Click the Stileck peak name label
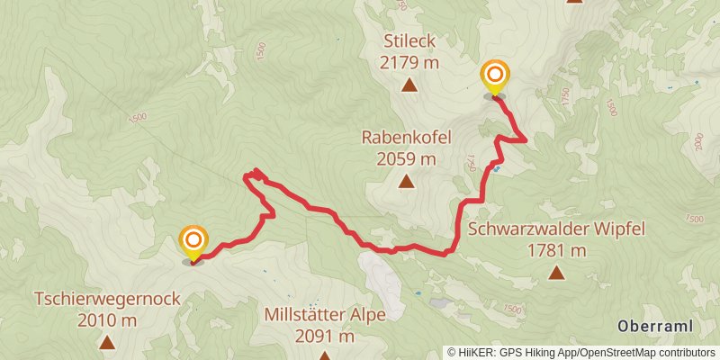pos(409,41)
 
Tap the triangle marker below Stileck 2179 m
pos(409,86)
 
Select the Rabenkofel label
pos(406,138)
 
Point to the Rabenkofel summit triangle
pos(406,183)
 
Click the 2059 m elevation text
pos(406,159)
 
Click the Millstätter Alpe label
pos(325,315)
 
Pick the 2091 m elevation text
pos(325,337)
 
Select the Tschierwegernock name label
pos(107,299)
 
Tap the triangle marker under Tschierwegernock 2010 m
pos(107,342)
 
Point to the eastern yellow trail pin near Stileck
pos(494,76)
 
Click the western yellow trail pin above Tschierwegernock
pos(193,242)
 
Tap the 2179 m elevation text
pos(409,63)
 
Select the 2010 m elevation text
pos(107,319)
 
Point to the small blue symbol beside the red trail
pos(497,168)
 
